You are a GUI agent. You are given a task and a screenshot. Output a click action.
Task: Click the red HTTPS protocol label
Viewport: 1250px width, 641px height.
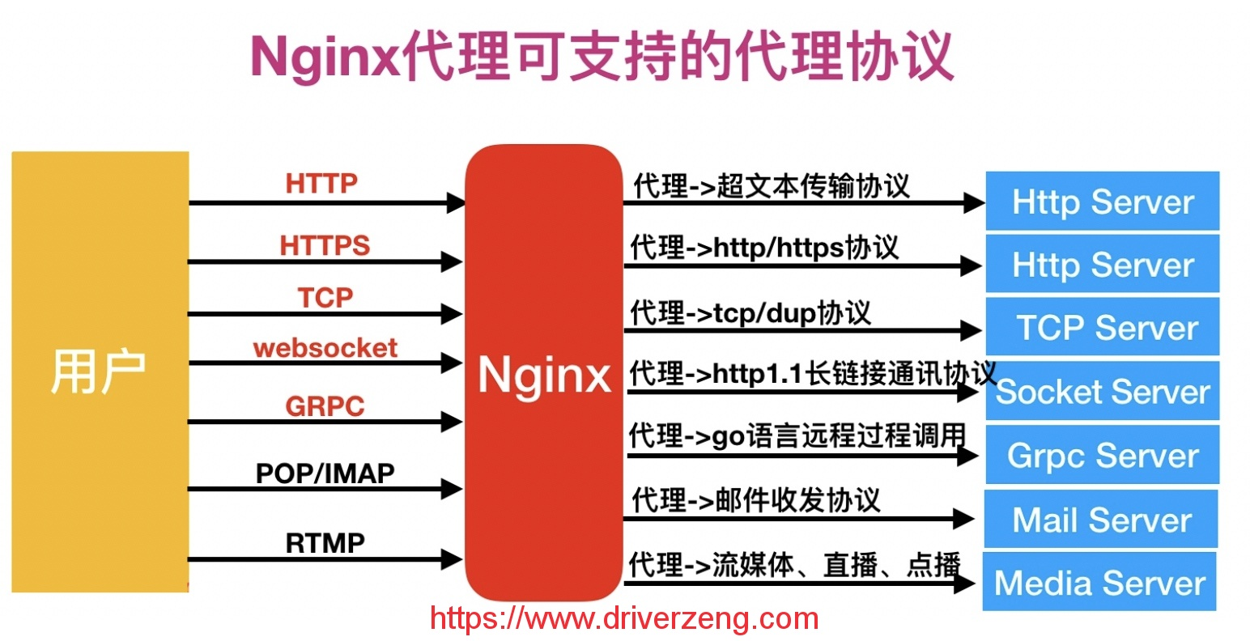click(325, 245)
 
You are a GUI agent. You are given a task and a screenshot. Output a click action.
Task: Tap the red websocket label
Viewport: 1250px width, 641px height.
click(325, 348)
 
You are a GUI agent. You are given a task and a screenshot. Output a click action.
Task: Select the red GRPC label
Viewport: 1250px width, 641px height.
click(325, 405)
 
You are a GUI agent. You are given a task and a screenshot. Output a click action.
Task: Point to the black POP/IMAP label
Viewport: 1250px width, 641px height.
click(325, 473)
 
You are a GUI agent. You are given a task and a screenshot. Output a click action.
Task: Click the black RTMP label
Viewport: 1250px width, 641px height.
click(325, 543)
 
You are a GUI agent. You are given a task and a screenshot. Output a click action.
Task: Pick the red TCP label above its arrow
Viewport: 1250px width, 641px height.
click(325, 297)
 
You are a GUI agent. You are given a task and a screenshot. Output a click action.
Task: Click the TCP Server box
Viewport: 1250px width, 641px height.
click(1103, 326)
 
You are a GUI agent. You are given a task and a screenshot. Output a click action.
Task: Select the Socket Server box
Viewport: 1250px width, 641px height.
click(1103, 391)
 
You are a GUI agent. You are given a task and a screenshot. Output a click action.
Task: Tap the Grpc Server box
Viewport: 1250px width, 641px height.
click(1103, 455)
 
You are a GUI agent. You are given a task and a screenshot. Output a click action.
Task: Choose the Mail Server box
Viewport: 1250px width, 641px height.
click(1101, 519)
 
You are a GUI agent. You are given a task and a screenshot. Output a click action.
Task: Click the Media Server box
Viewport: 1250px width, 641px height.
click(1099, 582)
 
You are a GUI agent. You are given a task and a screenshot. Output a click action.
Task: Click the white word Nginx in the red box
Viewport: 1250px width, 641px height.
click(544, 376)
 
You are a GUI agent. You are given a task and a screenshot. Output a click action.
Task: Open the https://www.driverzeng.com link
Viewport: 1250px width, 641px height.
click(624, 618)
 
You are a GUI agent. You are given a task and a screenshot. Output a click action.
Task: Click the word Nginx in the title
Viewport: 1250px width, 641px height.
click(325, 58)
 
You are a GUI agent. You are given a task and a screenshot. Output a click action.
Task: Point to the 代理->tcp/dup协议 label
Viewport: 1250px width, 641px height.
click(750, 312)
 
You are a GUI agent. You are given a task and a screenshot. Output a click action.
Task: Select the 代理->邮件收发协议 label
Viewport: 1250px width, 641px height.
click(756, 499)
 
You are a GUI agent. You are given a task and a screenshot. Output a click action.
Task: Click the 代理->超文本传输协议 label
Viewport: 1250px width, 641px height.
click(772, 186)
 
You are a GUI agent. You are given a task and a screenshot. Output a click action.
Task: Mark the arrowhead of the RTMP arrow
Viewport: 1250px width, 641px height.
click(452, 559)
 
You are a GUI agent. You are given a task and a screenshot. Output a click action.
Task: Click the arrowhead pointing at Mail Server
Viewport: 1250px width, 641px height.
click(963, 519)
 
